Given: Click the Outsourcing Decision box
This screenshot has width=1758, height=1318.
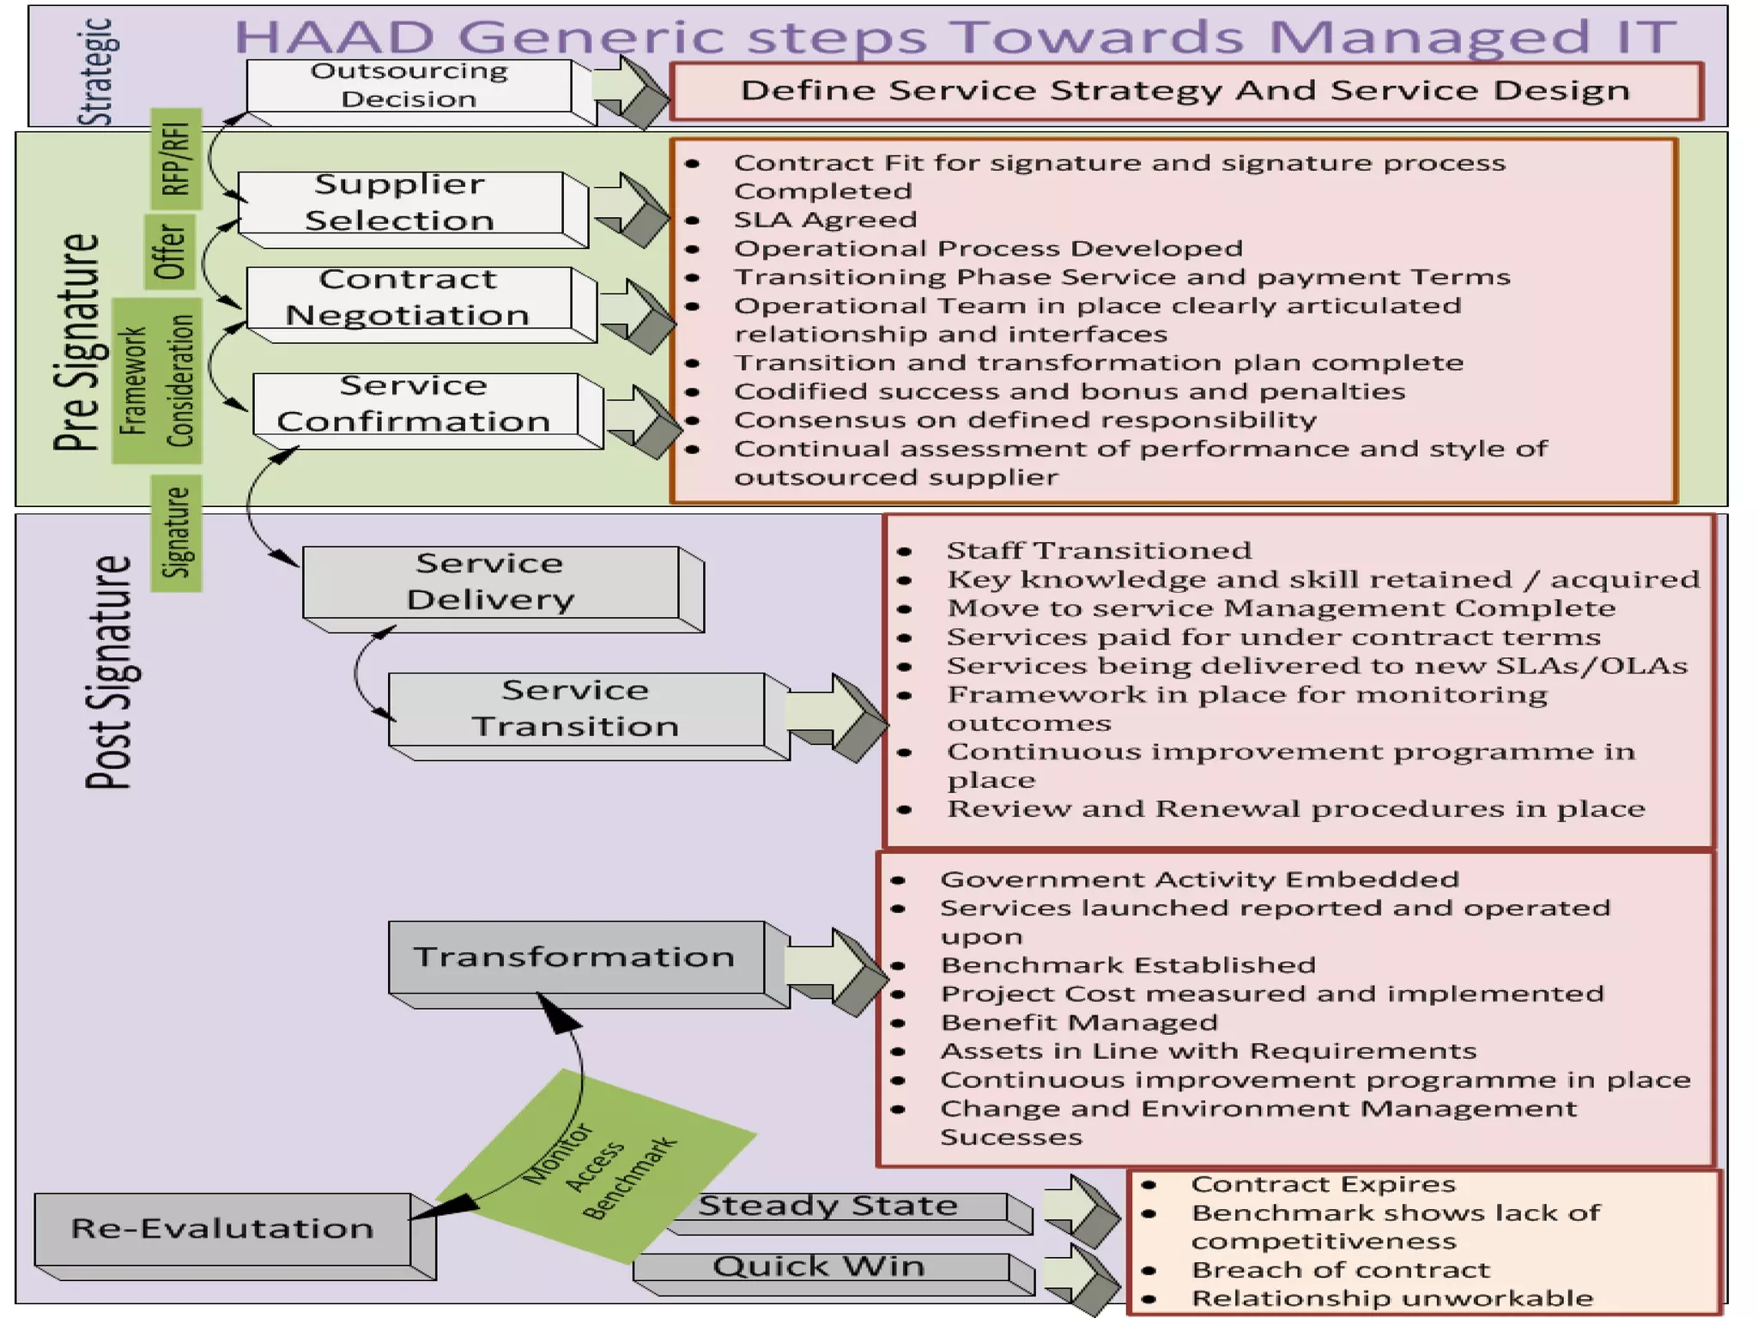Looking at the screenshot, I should click(409, 85).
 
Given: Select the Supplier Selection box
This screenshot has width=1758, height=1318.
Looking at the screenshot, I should click(400, 203).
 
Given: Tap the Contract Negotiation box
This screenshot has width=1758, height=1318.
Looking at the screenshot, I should click(409, 297).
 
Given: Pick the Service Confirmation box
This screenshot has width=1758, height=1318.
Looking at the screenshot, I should click(415, 404).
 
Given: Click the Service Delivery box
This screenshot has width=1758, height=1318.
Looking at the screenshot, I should click(490, 582).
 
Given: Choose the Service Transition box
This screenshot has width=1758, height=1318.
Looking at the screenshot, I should click(575, 709).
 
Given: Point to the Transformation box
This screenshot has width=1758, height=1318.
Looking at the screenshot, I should click(575, 957).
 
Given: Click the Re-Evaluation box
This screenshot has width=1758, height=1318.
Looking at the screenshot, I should click(222, 1229).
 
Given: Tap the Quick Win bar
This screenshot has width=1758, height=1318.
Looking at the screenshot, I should click(820, 1267).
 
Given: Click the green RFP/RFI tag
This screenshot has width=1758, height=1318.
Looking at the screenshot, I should click(176, 159).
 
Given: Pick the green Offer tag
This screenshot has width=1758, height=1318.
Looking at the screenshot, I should click(170, 251).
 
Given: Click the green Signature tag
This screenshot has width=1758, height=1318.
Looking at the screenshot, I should click(176, 533).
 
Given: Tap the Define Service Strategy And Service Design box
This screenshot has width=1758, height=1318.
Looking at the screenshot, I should click(1185, 90).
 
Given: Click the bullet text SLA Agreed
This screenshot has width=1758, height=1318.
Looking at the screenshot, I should click(825, 220).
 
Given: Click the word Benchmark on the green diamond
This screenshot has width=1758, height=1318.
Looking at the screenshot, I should click(629, 1178).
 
